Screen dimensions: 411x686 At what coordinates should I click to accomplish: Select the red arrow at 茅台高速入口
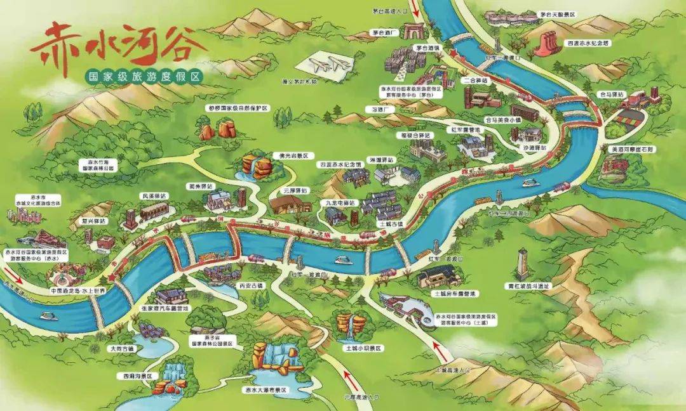click(414, 8)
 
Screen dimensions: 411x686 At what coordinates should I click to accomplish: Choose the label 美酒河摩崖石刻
click(631, 149)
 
